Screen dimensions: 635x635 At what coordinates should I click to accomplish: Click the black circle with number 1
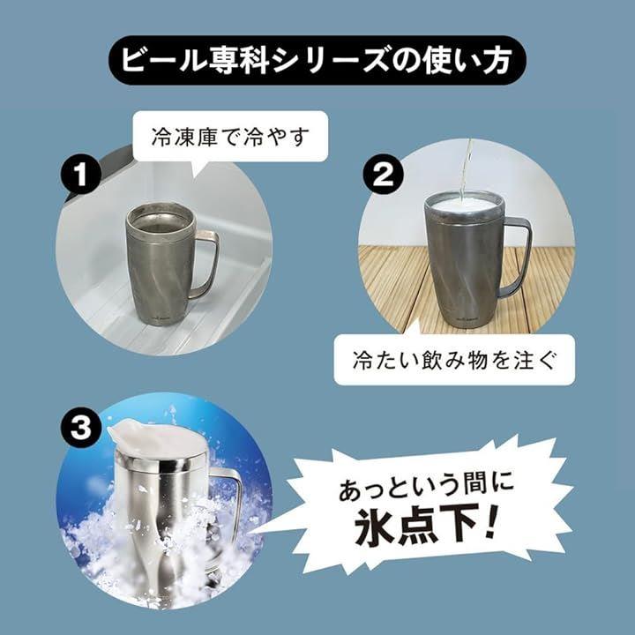81,175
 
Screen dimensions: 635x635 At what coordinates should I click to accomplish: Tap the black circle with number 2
383,175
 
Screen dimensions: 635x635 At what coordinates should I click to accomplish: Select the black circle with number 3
80,428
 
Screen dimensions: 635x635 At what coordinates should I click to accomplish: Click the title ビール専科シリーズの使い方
317,60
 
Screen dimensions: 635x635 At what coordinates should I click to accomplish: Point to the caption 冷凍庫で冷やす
230,137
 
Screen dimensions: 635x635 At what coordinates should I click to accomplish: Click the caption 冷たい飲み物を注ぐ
453,360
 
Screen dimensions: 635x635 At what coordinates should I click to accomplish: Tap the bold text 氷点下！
426,526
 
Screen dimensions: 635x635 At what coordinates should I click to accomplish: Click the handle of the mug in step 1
209,263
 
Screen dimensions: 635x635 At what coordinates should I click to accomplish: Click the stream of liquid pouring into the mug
466,170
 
